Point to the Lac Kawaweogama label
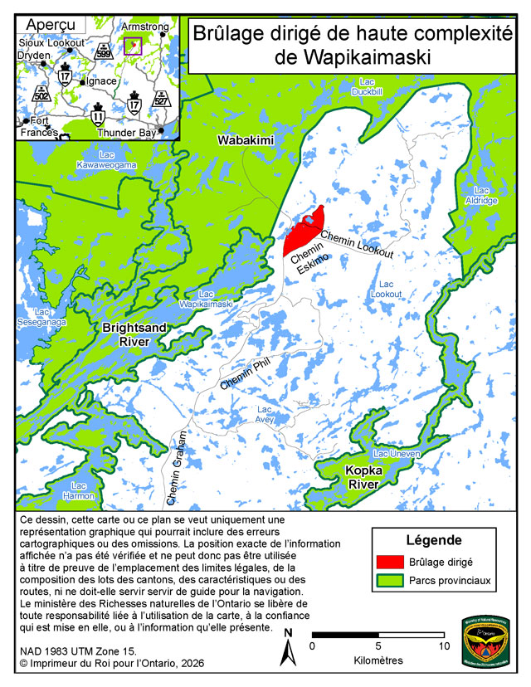(106, 159)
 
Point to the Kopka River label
(363, 478)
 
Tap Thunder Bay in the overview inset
(127, 132)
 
